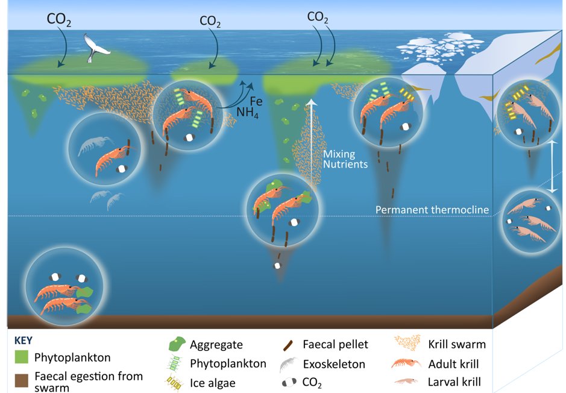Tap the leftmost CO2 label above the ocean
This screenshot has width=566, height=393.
click(60, 19)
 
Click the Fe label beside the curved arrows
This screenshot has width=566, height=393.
click(256, 102)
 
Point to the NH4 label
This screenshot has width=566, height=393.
click(247, 113)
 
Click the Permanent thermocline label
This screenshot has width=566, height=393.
click(432, 210)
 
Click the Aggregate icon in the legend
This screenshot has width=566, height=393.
click(176, 344)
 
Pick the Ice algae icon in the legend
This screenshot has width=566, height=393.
click(176, 382)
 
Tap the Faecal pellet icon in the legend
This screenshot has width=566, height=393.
click(289, 345)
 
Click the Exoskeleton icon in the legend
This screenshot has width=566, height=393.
click(289, 363)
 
